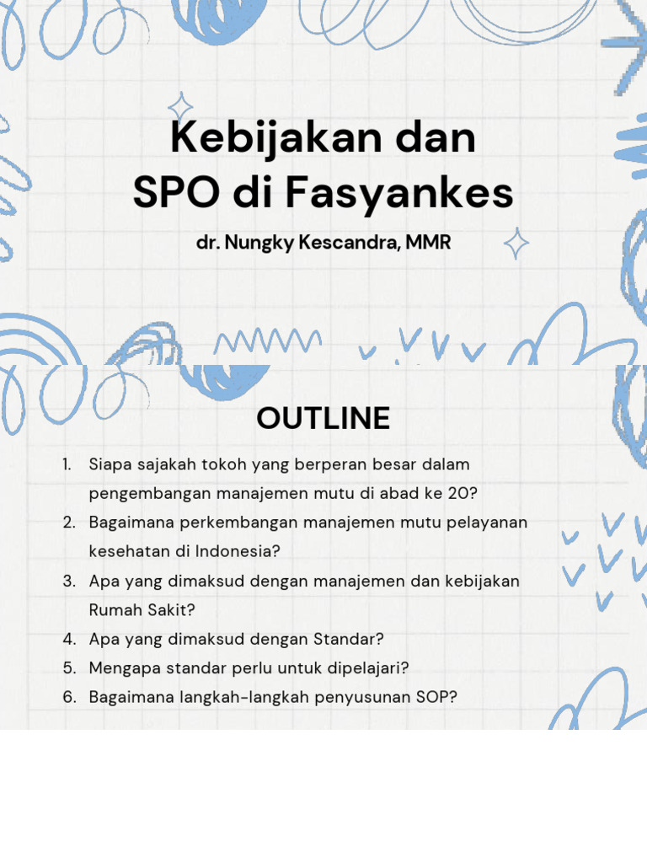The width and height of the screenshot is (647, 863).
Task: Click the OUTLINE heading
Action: pos(323,418)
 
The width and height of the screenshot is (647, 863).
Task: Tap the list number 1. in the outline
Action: pos(69,464)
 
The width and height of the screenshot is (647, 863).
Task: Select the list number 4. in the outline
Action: pos(69,639)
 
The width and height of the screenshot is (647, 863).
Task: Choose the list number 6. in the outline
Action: pos(69,697)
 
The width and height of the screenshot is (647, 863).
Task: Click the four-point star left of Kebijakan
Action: pos(179,108)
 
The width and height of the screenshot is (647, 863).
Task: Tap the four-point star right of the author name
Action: pos(516,244)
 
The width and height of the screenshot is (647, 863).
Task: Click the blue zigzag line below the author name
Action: pos(268,340)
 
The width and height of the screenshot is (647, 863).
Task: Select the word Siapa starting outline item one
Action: pos(109,464)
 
